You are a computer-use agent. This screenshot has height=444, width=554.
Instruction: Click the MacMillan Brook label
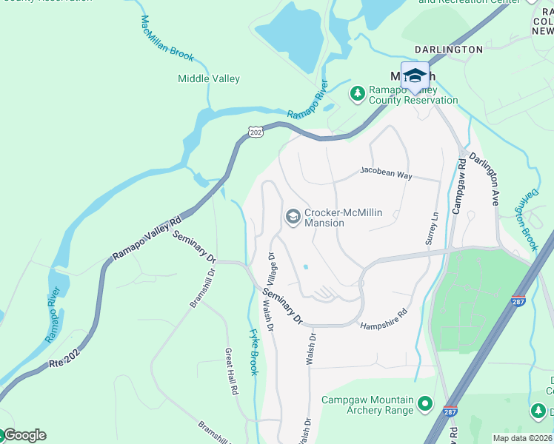click(166, 38)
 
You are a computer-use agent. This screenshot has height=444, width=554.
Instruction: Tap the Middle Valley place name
click(209, 78)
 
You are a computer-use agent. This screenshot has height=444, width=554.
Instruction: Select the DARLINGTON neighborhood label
click(448, 50)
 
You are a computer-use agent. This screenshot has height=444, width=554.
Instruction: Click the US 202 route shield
click(256, 132)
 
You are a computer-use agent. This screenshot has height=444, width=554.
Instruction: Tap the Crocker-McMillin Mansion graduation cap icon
click(293, 216)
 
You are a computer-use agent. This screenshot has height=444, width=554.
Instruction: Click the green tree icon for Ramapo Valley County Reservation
click(357, 92)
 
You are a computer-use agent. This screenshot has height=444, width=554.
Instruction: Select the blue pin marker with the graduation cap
click(415, 75)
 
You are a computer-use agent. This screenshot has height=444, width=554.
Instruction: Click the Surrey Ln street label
click(435, 227)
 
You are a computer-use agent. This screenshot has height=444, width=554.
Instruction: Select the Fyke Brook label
click(254, 352)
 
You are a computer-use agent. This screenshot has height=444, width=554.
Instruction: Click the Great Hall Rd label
click(231, 370)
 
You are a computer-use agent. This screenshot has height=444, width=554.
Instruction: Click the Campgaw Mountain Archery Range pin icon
click(424, 403)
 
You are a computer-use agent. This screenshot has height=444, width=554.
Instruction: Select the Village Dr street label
click(271, 269)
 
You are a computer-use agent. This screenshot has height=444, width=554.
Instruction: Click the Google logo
click(24, 435)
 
